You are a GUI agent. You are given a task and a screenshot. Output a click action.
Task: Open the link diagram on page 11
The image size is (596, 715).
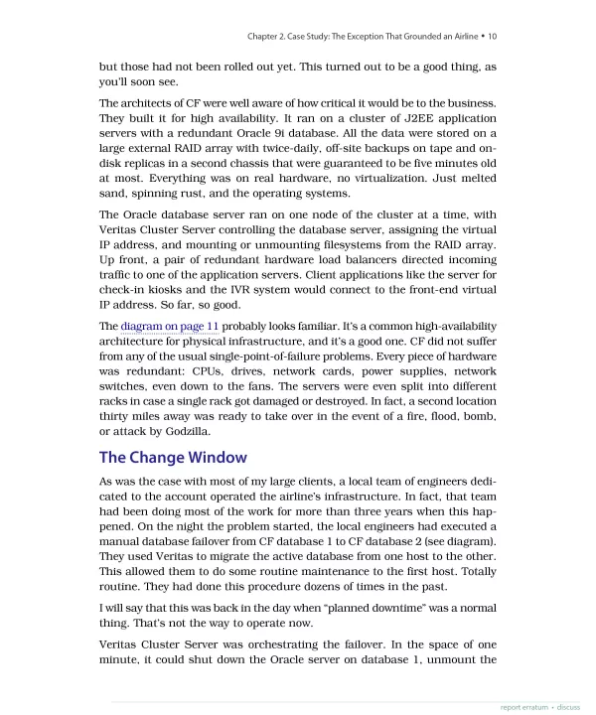[170, 326]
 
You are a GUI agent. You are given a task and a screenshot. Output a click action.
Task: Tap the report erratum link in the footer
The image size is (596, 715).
[525, 707]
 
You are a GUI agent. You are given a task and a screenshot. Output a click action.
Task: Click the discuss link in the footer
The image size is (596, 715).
[568, 707]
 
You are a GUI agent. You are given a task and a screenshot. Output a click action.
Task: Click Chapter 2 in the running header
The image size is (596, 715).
[269, 37]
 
